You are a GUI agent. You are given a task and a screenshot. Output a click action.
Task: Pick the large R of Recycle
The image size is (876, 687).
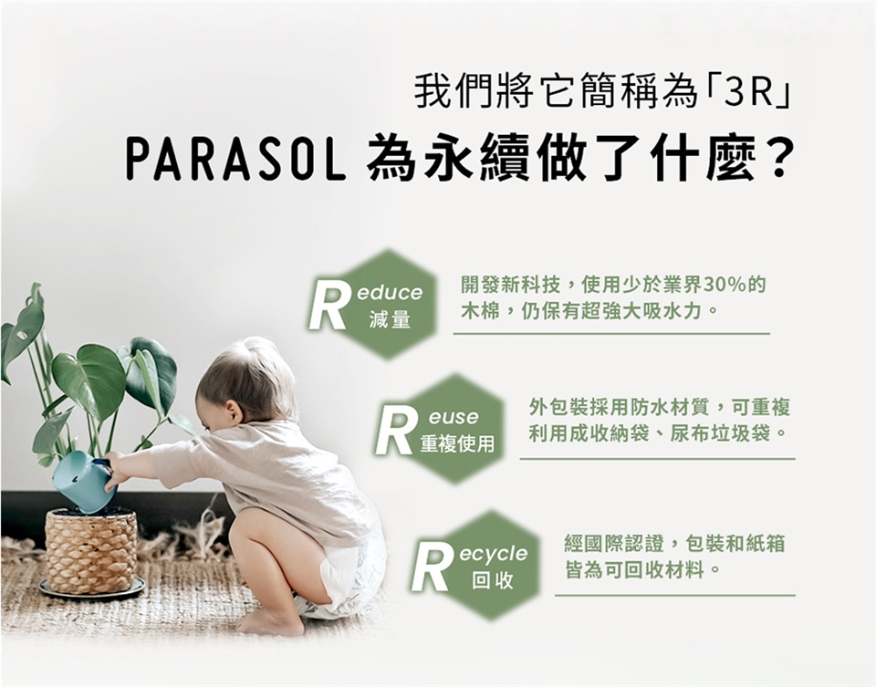tap(433, 568)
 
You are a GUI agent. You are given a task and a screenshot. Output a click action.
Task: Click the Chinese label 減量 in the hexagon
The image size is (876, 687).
tap(390, 320)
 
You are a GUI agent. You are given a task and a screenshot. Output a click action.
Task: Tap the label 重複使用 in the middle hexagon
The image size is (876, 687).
tap(457, 443)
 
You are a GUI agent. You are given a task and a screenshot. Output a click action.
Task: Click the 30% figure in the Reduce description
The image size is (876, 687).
tap(725, 285)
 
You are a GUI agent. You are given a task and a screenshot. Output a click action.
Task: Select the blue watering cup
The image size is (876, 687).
tap(85, 481)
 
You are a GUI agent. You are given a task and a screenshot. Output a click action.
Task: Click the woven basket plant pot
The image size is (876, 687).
tap(91, 550)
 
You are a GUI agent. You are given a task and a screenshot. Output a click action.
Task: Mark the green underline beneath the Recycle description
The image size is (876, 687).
tap(675, 596)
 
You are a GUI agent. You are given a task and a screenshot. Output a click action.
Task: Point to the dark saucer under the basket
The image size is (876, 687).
tap(91, 589)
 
